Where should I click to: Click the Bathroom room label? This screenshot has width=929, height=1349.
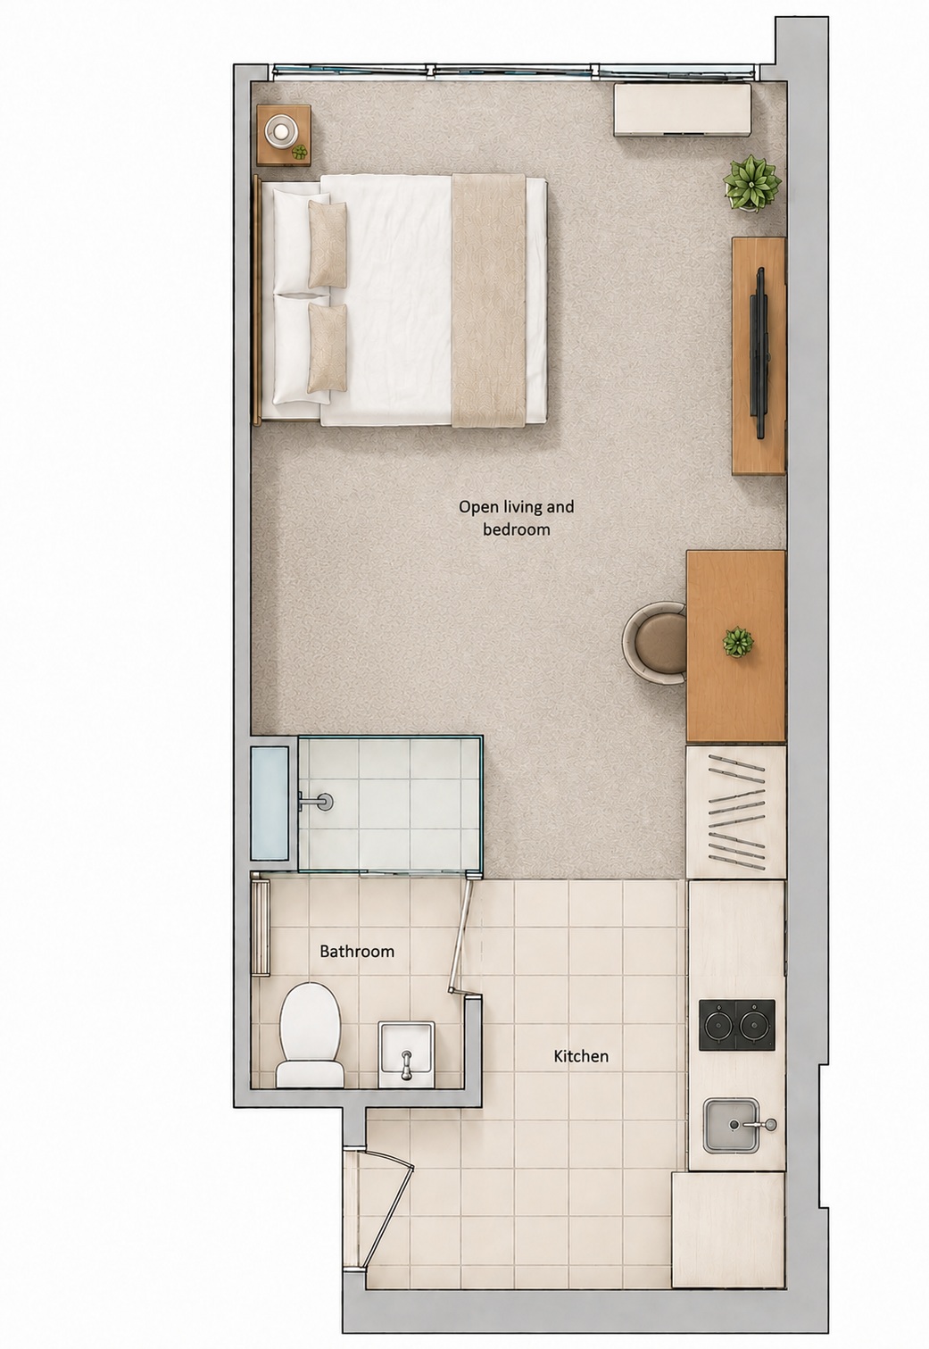[x=357, y=951]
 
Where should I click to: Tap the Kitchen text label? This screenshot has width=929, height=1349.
[x=581, y=1055]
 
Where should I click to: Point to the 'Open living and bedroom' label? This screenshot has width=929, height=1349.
[x=517, y=518]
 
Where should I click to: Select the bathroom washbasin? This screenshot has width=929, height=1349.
[x=406, y=1053]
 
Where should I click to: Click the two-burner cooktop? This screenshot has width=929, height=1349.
[x=737, y=1026]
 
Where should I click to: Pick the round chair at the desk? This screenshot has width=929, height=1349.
[x=655, y=644]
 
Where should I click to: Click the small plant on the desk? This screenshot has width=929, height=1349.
[x=738, y=642]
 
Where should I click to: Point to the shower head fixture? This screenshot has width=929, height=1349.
[x=317, y=800]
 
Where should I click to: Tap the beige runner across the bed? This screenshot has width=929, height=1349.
[x=488, y=300]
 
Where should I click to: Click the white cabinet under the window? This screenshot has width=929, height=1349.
[x=682, y=110]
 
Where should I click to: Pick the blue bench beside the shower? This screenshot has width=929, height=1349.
[x=270, y=804]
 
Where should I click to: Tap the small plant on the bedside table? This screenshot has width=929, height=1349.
[x=300, y=152]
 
